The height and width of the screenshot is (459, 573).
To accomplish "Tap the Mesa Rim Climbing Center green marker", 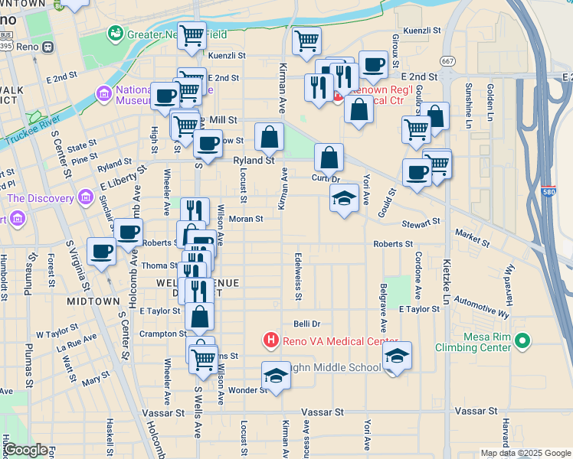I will (523, 340).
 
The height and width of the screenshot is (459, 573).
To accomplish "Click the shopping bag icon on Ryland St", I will (269, 138).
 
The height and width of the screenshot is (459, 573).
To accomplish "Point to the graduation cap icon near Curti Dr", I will (345, 199).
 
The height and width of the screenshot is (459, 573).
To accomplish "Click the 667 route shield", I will (447, 61).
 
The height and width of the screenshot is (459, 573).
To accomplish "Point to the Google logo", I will (25, 450).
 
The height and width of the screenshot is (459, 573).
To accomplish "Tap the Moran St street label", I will (246, 219).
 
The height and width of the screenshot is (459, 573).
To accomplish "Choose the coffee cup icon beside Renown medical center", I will (373, 66).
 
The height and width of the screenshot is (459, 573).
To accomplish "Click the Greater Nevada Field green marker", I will (116, 34).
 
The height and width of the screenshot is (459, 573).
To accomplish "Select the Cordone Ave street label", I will (418, 275).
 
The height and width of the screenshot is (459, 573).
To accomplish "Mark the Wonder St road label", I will (247, 390).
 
